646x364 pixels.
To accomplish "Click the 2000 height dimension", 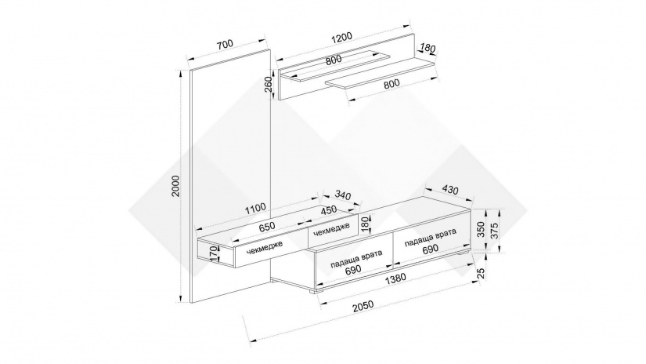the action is (176, 186).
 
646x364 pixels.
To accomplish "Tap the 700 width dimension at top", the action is (225, 44).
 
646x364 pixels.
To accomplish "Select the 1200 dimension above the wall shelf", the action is (342, 37).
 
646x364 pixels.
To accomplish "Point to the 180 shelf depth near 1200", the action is (428, 49).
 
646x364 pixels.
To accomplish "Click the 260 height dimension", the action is (269, 86).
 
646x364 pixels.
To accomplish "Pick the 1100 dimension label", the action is (255, 208).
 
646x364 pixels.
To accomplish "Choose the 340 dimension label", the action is (343, 195).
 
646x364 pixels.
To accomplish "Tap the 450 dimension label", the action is (329, 210).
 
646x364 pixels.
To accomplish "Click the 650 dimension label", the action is (266, 227).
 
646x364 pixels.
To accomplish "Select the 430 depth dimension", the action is (450, 191).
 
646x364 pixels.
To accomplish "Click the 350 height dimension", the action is (481, 229).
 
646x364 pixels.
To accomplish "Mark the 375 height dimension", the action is (495, 231).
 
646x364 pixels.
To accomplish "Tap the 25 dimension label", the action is (481, 273).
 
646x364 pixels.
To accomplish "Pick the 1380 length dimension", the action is (395, 278).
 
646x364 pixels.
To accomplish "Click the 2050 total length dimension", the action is (363, 305).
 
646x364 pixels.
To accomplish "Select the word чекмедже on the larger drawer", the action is (265, 247).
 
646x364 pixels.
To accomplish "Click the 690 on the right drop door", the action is (430, 249).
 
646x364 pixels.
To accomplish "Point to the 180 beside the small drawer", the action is (364, 224).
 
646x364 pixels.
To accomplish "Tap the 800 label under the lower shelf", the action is (392, 83).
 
